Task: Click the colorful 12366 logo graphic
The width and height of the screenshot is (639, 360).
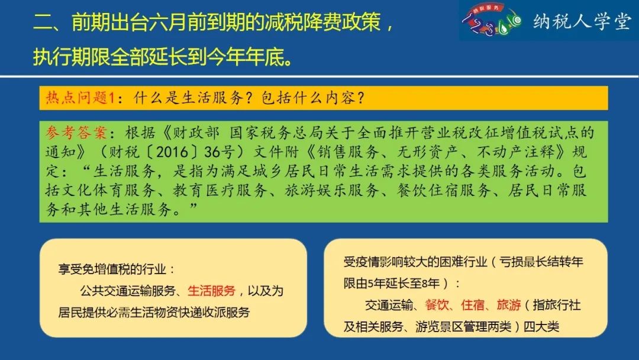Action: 491,20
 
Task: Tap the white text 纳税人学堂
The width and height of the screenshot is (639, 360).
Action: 582,21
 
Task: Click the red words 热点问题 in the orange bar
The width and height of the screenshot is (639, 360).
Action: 76,98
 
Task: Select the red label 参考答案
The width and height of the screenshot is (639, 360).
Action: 76,133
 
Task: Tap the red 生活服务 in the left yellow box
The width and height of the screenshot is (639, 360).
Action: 211,291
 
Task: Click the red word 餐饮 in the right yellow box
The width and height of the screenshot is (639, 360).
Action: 437,304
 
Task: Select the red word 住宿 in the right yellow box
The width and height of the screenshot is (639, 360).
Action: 473,304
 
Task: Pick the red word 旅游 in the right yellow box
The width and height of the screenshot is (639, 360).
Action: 509,304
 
